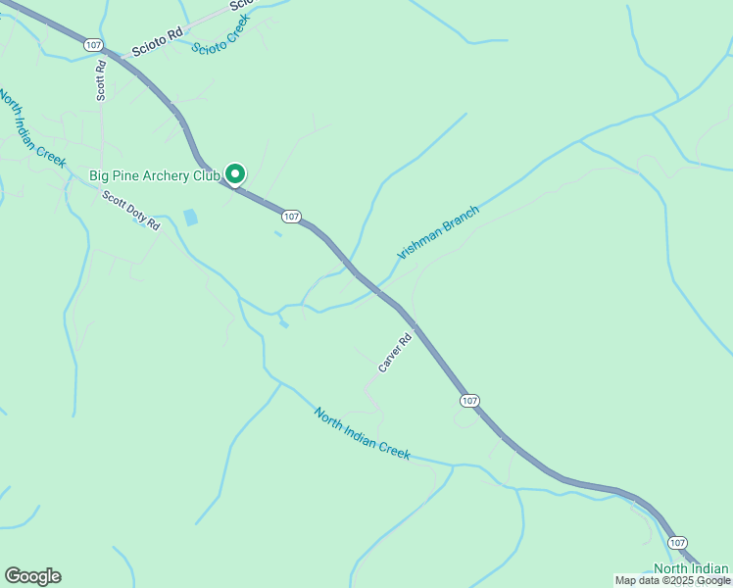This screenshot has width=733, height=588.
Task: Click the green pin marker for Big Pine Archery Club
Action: (235, 173)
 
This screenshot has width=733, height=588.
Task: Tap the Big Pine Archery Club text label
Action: (156, 176)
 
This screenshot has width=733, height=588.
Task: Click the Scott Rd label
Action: (100, 81)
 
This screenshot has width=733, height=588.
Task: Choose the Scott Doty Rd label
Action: (131, 209)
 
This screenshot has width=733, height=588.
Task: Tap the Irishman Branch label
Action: (438, 232)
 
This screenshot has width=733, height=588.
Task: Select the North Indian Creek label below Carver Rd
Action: (362, 433)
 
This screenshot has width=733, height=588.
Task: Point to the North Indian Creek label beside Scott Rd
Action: (31, 128)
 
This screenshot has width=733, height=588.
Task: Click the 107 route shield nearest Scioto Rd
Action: (92, 45)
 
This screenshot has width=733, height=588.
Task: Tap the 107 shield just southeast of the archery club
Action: (290, 216)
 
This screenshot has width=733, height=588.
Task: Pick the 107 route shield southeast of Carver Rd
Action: (469, 400)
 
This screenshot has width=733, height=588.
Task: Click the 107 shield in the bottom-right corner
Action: (678, 542)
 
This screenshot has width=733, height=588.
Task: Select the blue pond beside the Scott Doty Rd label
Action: (190, 218)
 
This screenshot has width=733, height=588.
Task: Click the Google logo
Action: (32, 576)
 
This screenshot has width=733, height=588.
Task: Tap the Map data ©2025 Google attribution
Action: (672, 581)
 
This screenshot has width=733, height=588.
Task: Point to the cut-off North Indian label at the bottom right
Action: (691, 569)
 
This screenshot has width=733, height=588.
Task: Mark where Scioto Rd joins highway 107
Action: (111, 55)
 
